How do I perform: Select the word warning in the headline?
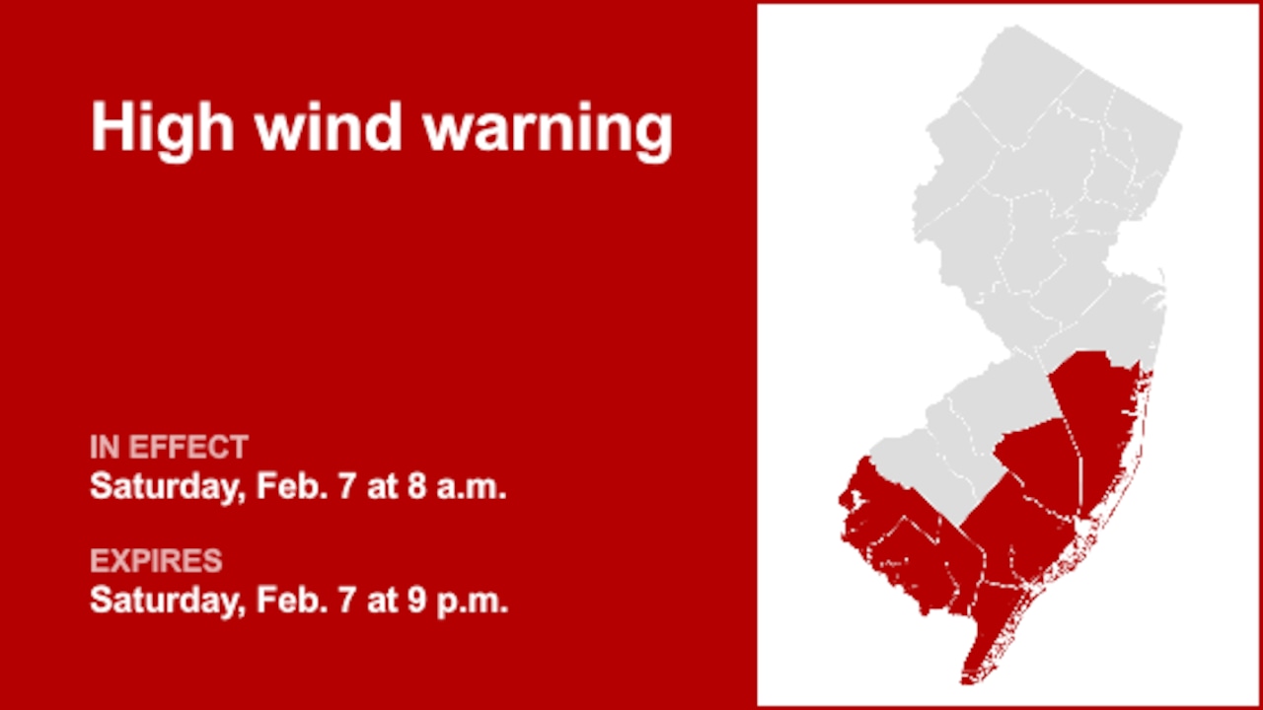(x=549, y=129)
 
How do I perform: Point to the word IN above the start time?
(x=104, y=448)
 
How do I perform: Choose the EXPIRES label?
(x=156, y=561)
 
